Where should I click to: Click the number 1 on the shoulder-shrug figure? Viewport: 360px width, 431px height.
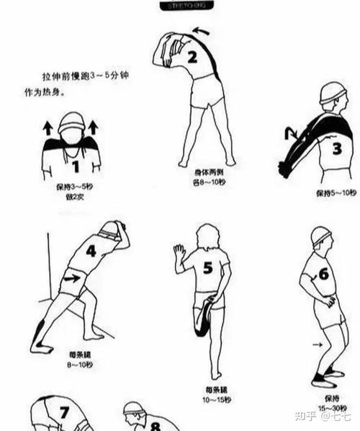pyautogui.click(x=74, y=166)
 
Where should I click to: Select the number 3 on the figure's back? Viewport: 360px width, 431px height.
pyautogui.click(x=336, y=148)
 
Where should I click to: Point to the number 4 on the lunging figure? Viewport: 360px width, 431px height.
pyautogui.click(x=91, y=251)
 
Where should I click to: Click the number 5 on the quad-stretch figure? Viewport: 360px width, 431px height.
pyautogui.click(x=207, y=268)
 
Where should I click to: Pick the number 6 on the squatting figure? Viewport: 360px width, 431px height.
pyautogui.click(x=323, y=274)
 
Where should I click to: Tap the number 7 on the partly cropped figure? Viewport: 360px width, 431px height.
pyautogui.click(x=64, y=414)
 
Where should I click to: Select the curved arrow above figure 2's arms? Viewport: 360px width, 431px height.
pyautogui.click(x=202, y=31)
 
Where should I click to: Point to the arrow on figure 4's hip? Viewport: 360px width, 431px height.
pyautogui.click(x=71, y=277)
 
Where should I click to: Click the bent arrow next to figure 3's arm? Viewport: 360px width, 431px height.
pyautogui.click(x=292, y=132)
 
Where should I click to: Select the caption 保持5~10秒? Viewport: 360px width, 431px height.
pyautogui.click(x=336, y=193)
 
